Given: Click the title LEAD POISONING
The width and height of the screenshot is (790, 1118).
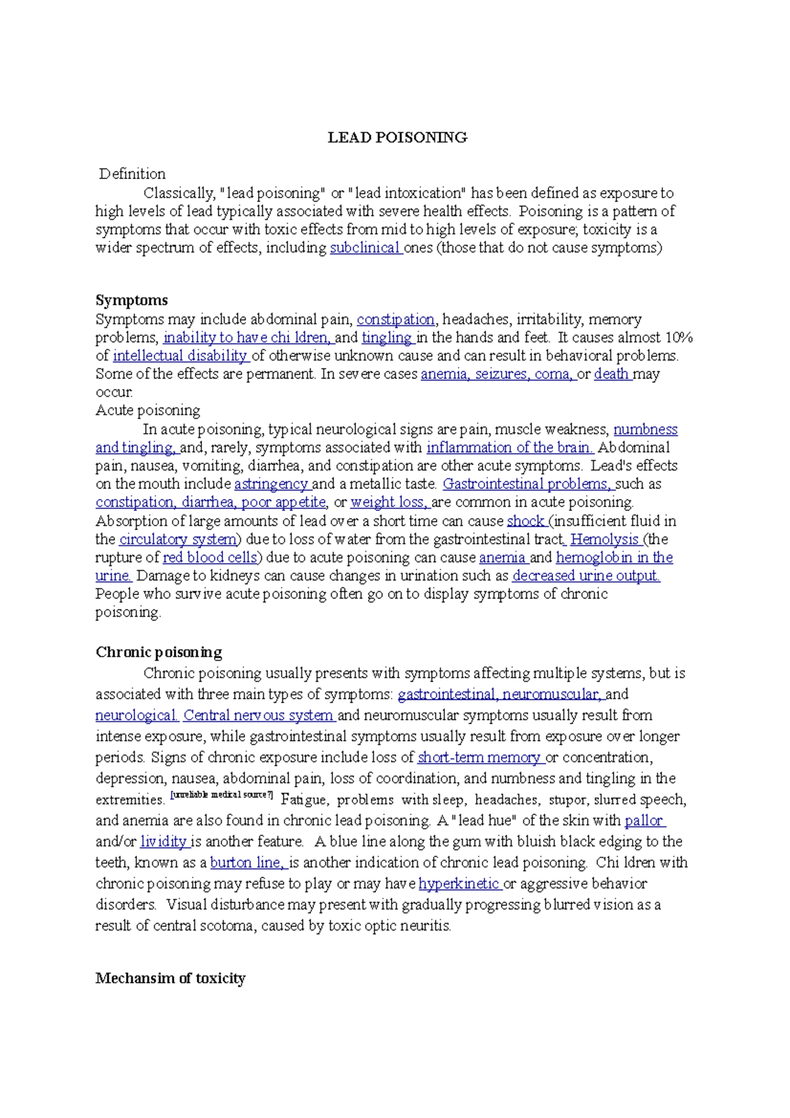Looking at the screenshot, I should click(397, 138).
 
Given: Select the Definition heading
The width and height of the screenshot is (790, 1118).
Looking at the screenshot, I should click(132, 174).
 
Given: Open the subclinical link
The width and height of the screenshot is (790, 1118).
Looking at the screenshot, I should click(365, 248).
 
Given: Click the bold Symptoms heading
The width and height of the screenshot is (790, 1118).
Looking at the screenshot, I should click(132, 300).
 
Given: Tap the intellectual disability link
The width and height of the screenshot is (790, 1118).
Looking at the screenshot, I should click(179, 356).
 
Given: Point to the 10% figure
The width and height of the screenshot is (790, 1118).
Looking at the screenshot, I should click(678, 337).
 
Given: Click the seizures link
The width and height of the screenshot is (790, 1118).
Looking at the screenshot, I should click(501, 374).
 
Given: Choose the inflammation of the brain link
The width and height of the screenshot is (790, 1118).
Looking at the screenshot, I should click(509, 448).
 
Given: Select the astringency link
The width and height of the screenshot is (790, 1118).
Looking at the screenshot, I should click(271, 484).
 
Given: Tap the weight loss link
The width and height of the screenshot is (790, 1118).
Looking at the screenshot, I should click(388, 502).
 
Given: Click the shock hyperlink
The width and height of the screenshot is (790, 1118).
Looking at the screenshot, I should click(525, 521).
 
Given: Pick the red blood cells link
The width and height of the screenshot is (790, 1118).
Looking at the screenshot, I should click(209, 558).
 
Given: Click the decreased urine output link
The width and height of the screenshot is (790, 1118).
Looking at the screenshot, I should click(585, 575).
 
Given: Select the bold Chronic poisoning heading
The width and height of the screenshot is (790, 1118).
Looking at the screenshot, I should click(159, 652).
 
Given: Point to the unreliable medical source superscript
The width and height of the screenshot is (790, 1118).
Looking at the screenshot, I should click(221, 795).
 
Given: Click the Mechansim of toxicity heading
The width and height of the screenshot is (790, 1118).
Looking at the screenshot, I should click(171, 978).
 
